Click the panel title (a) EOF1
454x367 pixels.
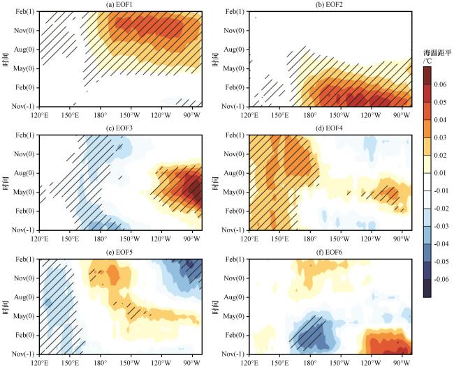tap(120, 6)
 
